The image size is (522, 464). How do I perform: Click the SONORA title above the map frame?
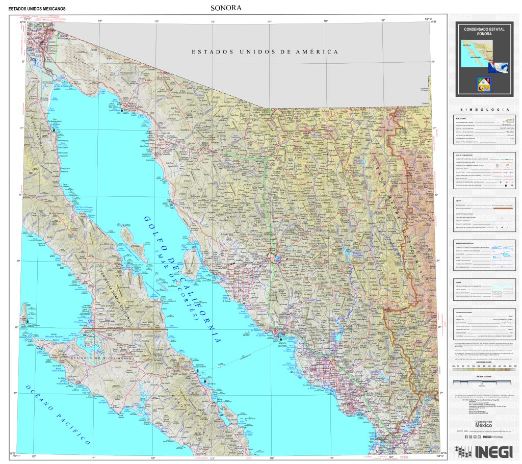(225, 8)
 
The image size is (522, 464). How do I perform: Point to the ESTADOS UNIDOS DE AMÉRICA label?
(265, 52)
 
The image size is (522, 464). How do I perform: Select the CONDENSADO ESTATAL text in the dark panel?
(484, 30)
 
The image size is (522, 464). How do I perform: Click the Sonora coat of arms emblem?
(484, 85)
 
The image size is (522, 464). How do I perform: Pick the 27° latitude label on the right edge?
(441, 393)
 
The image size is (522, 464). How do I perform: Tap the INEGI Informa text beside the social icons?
(491, 437)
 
